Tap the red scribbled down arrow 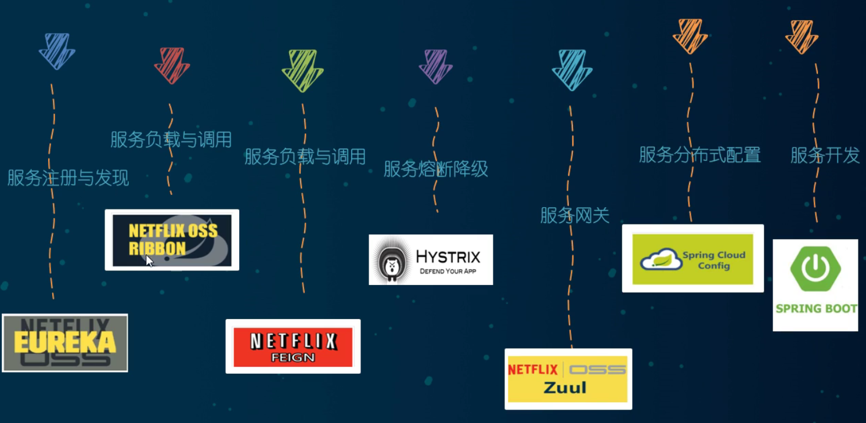[x=172, y=65]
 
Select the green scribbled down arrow [x=302, y=70]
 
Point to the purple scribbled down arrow [x=435, y=66]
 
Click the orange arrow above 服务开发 [x=802, y=37]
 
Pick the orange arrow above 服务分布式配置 [x=690, y=36]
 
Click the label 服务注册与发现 [x=68, y=178]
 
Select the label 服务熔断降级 [x=435, y=169]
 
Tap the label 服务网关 [x=575, y=215]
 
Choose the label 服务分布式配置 [x=699, y=155]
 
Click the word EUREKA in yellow [x=64, y=343]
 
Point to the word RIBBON [x=149, y=248]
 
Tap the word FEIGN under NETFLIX [x=293, y=357]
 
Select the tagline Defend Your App [x=448, y=271]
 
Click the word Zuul [x=565, y=387]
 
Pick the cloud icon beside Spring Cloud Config [x=661, y=259]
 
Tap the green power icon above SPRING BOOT [x=816, y=267]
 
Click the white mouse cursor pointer [x=149, y=261]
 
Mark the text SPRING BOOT [x=816, y=309]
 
